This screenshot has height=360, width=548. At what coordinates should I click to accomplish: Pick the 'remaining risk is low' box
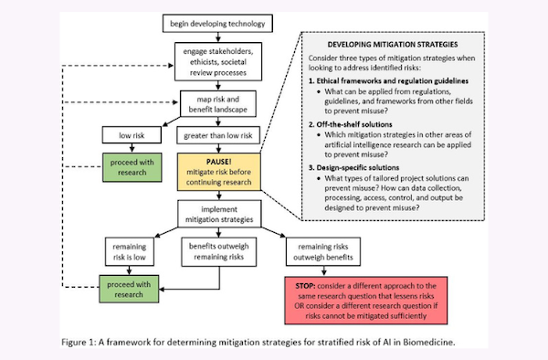coord(125,253)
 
